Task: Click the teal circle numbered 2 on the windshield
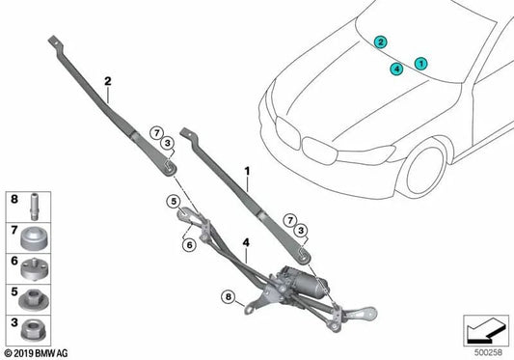(382, 42)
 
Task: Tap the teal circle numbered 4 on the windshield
(396, 69)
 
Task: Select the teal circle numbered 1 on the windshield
(420, 63)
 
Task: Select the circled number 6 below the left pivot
(187, 246)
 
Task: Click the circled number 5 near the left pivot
(175, 201)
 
